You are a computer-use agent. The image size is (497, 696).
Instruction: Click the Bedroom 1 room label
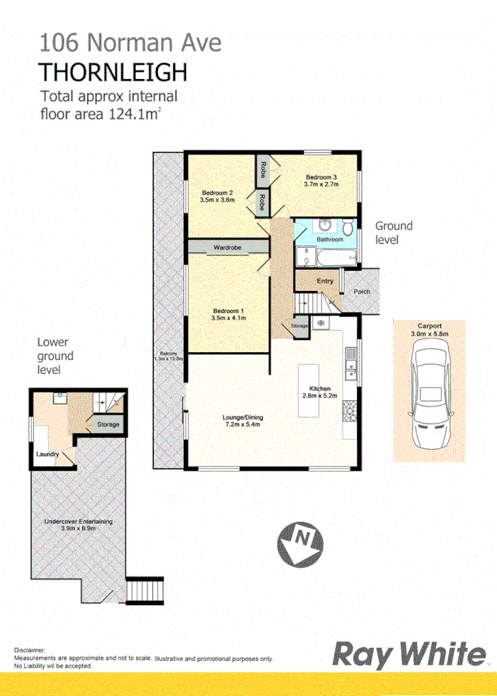(229, 311)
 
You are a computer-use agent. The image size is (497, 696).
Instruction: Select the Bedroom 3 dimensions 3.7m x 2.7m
(321, 185)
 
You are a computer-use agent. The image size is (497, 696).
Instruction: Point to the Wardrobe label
(227, 246)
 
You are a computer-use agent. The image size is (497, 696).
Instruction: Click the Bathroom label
(329, 240)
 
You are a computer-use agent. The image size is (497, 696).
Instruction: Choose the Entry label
(325, 281)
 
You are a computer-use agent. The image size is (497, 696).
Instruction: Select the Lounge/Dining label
(243, 418)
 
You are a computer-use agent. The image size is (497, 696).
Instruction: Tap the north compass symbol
(302, 539)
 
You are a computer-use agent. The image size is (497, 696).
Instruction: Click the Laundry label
(46, 454)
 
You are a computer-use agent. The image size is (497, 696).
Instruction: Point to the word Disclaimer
(30, 651)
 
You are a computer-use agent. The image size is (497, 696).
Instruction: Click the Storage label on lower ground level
(108, 424)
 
